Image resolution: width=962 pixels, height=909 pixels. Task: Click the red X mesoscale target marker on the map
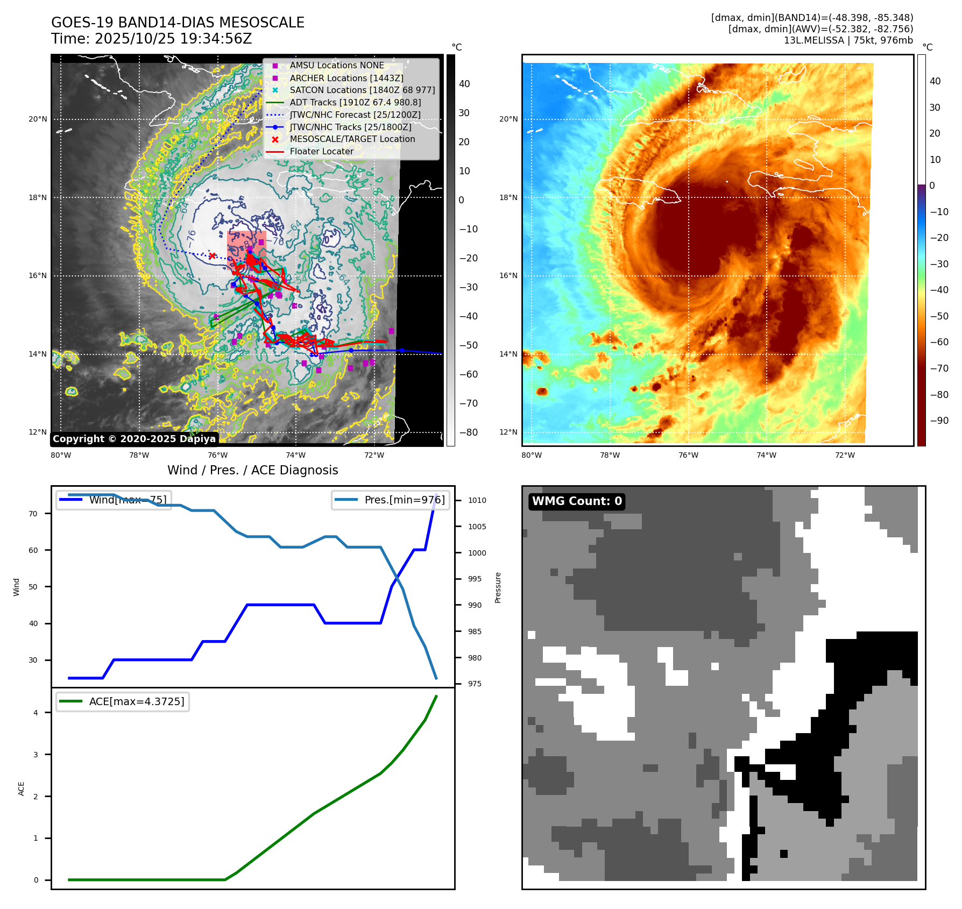click(x=212, y=256)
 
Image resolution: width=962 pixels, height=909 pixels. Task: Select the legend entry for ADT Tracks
click(x=355, y=102)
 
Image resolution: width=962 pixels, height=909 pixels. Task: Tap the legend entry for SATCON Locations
click(x=362, y=90)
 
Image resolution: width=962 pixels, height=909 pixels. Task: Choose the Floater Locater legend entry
click(x=321, y=151)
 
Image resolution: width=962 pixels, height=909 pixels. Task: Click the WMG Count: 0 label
click(x=577, y=501)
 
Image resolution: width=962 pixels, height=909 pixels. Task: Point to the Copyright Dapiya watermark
click(x=134, y=439)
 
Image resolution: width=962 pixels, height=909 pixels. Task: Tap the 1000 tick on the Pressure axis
click(x=477, y=553)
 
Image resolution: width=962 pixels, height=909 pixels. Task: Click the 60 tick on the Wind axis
click(x=33, y=550)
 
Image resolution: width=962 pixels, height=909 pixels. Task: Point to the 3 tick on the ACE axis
click(x=36, y=755)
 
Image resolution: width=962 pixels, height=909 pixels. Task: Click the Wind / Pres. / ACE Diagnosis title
click(x=253, y=470)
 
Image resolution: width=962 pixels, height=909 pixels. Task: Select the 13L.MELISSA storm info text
click(x=848, y=40)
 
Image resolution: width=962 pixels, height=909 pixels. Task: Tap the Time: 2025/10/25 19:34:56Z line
click(x=152, y=39)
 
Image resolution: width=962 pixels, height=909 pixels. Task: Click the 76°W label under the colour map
click(x=688, y=455)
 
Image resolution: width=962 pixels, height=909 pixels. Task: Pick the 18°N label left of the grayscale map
click(x=38, y=197)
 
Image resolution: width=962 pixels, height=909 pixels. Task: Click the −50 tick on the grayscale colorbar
click(x=468, y=345)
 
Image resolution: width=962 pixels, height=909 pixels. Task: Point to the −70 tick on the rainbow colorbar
click(x=939, y=368)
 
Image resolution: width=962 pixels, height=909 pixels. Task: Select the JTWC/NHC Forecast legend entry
click(x=355, y=115)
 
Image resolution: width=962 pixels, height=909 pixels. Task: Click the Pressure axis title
click(x=498, y=587)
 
